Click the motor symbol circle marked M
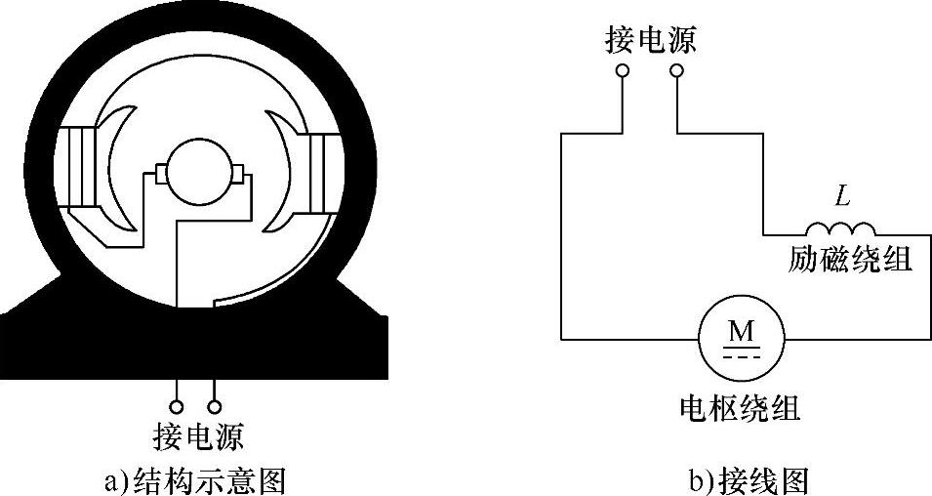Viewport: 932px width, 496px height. click(x=742, y=339)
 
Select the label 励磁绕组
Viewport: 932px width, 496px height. click(x=850, y=260)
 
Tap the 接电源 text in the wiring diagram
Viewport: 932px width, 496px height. click(x=651, y=41)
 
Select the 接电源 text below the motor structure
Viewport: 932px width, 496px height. click(x=198, y=434)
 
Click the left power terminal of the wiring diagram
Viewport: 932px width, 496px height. click(x=622, y=71)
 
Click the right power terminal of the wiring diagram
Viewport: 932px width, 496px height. click(x=675, y=71)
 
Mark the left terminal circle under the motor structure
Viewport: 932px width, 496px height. click(x=177, y=405)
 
